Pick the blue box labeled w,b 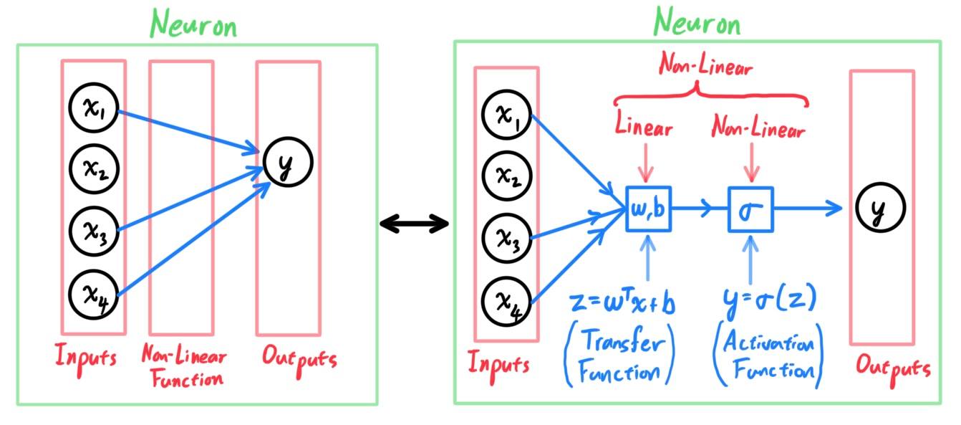[x=648, y=209]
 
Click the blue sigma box [x=750, y=209]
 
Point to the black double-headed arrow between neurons [x=415, y=224]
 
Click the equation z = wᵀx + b [x=623, y=302]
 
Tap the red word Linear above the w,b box [x=644, y=125]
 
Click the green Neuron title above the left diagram [x=193, y=24]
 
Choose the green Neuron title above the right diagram [x=697, y=22]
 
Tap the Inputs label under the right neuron [x=498, y=366]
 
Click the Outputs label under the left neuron [x=299, y=360]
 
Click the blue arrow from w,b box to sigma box [x=700, y=209]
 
